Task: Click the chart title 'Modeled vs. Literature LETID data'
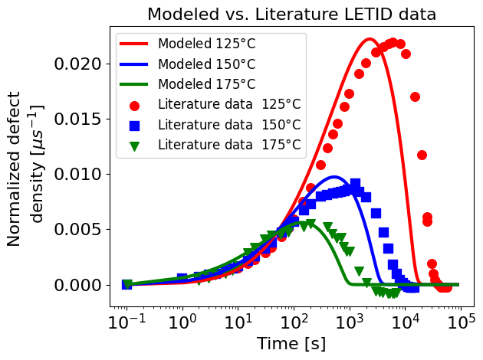(291, 14)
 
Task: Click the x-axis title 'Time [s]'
(291, 343)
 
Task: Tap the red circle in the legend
(135, 104)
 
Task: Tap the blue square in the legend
(135, 124)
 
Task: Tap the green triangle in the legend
(135, 144)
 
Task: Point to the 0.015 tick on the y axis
(80, 119)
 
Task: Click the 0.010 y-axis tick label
(80, 174)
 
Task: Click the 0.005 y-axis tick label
(80, 229)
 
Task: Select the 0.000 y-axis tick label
(80, 284)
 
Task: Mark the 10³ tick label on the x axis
(350, 320)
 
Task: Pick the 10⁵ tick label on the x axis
(461, 320)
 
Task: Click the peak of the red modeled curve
(370, 39)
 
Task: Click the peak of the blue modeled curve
(335, 177)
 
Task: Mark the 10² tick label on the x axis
(294, 320)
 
